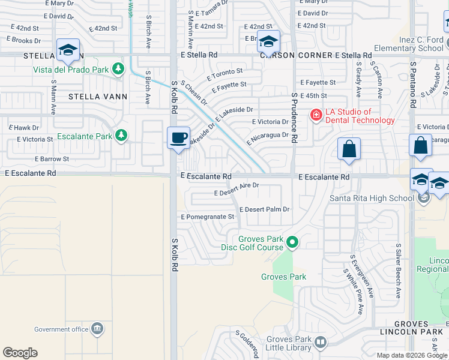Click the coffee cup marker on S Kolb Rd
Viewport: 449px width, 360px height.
178,138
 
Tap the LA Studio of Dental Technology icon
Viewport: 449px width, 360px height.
315,115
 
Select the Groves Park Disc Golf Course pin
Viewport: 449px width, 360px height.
292,242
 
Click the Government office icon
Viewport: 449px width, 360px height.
97,329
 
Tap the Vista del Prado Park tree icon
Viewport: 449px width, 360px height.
119,69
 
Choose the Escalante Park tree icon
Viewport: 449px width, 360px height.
122,136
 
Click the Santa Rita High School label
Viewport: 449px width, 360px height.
372,199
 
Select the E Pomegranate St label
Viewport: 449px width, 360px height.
207,217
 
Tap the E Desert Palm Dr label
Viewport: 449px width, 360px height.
264,209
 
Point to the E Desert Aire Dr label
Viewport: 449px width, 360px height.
237,189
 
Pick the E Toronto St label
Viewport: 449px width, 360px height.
224,74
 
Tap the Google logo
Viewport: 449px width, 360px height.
20,353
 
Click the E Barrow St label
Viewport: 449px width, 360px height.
52,159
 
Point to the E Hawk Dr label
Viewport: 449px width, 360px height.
23,128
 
